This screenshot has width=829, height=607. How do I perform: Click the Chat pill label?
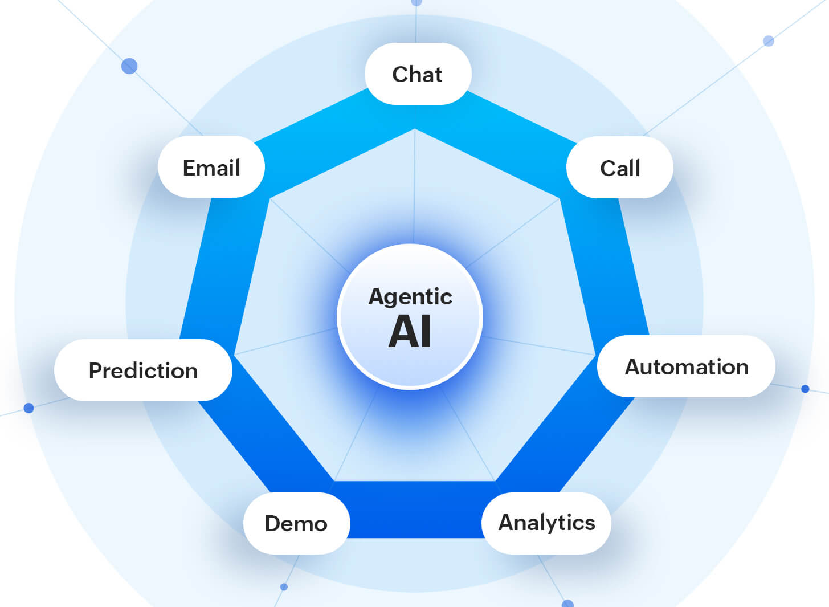click(x=418, y=74)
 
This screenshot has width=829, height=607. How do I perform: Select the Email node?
click(x=211, y=168)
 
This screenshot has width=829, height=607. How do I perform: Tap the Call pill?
click(x=620, y=168)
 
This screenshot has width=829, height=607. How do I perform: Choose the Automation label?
click(x=687, y=366)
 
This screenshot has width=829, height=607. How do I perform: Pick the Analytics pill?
click(x=546, y=523)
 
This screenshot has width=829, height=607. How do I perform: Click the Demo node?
click(x=296, y=523)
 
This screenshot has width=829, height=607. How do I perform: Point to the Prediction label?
click(x=143, y=370)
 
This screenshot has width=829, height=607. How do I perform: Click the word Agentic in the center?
click(x=410, y=296)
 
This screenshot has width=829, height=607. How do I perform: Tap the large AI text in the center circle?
click(x=410, y=332)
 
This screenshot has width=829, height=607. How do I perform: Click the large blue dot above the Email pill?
click(x=129, y=66)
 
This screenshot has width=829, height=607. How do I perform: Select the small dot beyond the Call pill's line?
click(x=769, y=41)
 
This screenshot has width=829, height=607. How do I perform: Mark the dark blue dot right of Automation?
click(x=805, y=389)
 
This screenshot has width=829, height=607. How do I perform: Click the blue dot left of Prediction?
click(x=29, y=408)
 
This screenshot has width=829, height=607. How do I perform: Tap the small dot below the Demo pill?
click(x=284, y=586)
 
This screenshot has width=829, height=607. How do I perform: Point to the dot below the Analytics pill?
click(x=567, y=603)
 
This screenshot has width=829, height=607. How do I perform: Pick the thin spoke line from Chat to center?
click(x=415, y=188)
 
